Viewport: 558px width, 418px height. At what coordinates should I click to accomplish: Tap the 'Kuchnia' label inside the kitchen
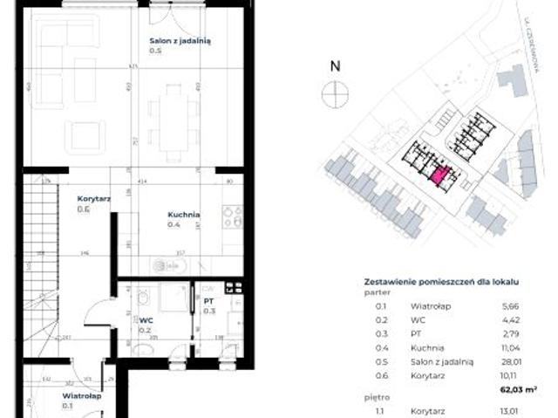coord(184,215)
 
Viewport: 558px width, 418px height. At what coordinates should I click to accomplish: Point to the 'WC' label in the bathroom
coord(146,320)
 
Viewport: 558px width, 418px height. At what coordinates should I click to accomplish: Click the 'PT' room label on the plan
coord(208,301)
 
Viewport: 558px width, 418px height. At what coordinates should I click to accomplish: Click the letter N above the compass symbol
coord(334,65)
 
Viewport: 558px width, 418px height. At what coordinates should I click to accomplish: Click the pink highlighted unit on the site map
coord(439,175)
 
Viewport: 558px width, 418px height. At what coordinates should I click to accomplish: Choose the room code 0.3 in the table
coord(380,332)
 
